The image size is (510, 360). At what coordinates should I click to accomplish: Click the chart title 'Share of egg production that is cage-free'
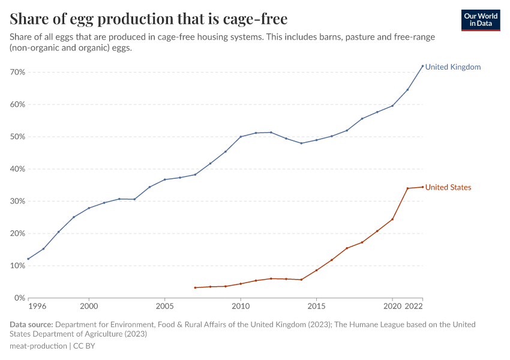pyautogui.click(x=148, y=19)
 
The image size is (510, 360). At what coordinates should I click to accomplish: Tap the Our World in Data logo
pyautogui.click(x=480, y=20)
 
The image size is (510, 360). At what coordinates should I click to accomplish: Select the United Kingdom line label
pyautogui.click(x=453, y=67)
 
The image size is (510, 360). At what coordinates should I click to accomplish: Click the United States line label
pyautogui.click(x=448, y=188)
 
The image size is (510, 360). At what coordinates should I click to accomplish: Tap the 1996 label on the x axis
pyautogui.click(x=37, y=307)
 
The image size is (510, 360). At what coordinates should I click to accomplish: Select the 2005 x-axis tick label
pyautogui.click(x=165, y=307)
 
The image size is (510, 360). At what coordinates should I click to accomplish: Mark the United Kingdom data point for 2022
pyautogui.click(x=422, y=66)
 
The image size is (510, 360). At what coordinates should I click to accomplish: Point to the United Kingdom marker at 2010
pyautogui.click(x=241, y=137)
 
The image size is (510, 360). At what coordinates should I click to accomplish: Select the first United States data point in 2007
pyautogui.click(x=195, y=287)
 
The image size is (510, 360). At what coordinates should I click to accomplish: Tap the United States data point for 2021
pyautogui.click(x=407, y=188)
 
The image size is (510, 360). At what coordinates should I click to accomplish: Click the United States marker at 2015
pyautogui.click(x=316, y=270)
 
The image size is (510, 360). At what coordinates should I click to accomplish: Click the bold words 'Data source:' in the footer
pyautogui.click(x=31, y=325)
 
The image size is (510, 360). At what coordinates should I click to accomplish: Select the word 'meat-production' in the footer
pyautogui.click(x=38, y=346)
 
